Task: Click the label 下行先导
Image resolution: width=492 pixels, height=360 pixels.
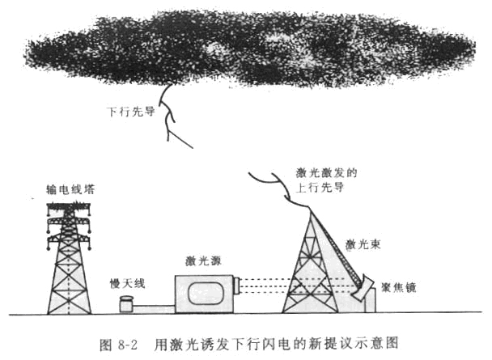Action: (x=131, y=112)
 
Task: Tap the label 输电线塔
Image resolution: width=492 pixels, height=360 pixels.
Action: (x=70, y=189)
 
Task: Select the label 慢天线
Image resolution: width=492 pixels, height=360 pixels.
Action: (x=127, y=283)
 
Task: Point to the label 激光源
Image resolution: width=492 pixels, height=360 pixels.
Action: (x=203, y=260)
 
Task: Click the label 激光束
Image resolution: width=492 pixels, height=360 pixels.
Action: (x=363, y=244)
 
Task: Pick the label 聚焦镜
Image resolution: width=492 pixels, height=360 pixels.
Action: (x=398, y=287)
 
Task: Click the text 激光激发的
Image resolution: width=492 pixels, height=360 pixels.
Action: (x=326, y=173)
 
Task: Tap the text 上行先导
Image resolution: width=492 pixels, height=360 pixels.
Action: (x=320, y=187)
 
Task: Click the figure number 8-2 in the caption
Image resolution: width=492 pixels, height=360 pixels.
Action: (x=128, y=345)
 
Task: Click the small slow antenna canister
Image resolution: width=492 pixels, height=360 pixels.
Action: (x=126, y=304)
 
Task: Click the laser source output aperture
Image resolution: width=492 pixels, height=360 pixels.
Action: (x=237, y=286)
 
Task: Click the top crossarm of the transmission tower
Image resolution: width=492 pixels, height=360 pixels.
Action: (x=69, y=206)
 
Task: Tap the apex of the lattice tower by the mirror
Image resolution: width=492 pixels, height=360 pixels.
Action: (x=310, y=210)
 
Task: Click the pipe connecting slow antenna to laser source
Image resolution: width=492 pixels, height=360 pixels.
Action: (x=154, y=310)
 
